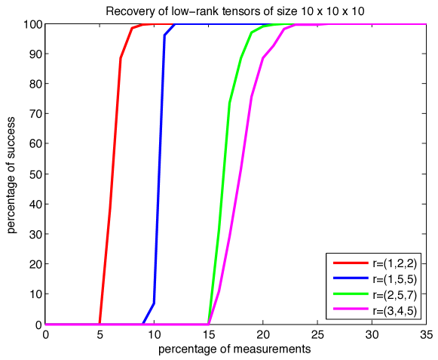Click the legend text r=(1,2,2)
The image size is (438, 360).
[394, 263]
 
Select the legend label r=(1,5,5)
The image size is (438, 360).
[394, 279]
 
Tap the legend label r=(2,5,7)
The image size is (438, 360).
[394, 294]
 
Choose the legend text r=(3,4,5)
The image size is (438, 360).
[394, 310]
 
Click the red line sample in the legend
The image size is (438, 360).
[351, 263]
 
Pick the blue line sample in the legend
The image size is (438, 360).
[351, 279]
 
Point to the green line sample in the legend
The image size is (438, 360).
[351, 294]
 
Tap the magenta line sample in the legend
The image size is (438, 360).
[351, 310]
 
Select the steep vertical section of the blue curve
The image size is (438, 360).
[158, 174]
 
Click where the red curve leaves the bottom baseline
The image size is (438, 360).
[100, 324]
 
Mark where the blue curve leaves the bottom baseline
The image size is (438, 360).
[142, 324]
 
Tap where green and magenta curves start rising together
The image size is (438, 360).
[208, 324]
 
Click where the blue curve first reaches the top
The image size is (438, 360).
[175, 24]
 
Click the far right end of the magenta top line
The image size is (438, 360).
[426, 24]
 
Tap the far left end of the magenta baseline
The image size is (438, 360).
[46, 325]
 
